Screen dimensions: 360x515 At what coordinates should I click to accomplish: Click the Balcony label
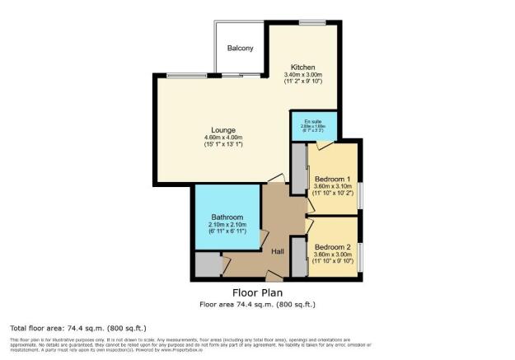(241, 49)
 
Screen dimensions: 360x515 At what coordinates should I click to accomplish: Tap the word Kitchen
(303, 67)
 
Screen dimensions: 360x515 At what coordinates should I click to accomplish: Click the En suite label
(312, 120)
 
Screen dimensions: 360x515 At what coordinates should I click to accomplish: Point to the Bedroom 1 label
(332, 179)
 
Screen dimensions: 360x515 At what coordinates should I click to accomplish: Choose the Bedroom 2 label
(332, 246)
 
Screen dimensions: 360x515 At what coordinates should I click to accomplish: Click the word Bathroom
(225, 217)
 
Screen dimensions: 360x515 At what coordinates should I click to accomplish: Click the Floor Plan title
(256, 292)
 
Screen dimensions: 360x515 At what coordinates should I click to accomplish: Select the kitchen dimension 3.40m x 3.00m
(303, 75)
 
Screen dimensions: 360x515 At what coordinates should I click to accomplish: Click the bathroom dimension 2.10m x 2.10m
(225, 224)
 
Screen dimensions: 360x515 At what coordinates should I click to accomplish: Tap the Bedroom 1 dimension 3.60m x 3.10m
(332, 186)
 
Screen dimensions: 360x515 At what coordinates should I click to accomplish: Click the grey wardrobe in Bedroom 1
(297, 168)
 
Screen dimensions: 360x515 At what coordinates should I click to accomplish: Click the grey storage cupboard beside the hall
(207, 264)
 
